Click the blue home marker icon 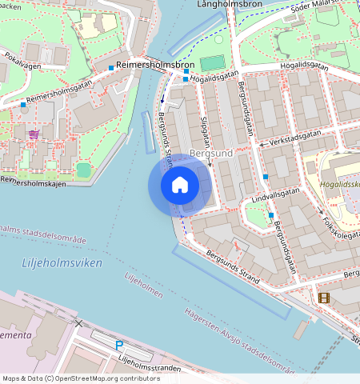[x=180, y=186]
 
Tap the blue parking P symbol [x=119, y=345]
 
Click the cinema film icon [x=323, y=298]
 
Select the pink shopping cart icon [x=34, y=134]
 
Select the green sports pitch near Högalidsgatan [x=212, y=62]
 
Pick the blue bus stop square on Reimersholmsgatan [x=110, y=68]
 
